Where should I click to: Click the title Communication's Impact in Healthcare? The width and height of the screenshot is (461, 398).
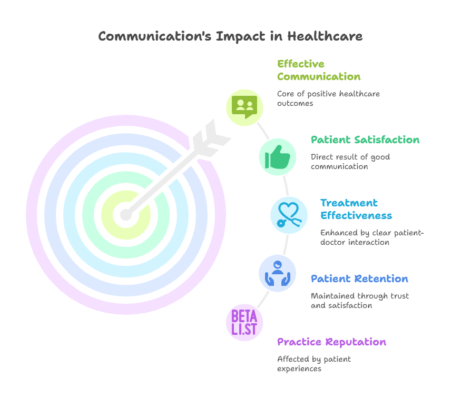coord(230,36)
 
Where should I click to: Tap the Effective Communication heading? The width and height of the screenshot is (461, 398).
coord(319,70)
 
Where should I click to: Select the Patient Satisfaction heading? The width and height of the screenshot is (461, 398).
coord(365,140)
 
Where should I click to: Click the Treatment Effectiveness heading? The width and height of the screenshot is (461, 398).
coord(356,209)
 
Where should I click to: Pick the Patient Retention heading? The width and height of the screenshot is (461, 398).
coord(359,279)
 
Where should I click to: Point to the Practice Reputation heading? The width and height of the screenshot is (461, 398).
coord(331,342)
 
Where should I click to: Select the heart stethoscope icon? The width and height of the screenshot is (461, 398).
coord(289,215)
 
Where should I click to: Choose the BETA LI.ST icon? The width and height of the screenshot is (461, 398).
coord(244,322)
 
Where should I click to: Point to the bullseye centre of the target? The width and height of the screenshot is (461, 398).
coord(126,214)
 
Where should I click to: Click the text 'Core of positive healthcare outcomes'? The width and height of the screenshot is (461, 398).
coord(328,98)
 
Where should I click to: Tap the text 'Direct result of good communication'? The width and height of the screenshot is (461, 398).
coord(350,162)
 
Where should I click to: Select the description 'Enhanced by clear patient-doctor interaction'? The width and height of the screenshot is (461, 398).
coord(372,237)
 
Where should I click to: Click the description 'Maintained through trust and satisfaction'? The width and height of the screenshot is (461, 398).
coord(359,300)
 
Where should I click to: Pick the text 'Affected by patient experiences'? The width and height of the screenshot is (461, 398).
coord(314,364)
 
